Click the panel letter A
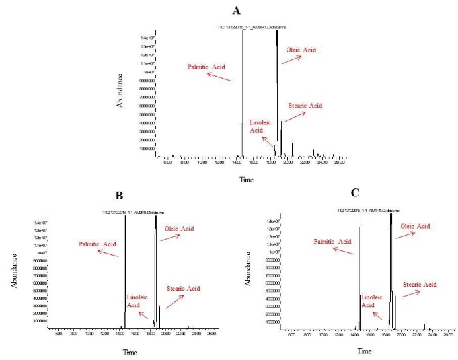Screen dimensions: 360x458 tap(236, 11)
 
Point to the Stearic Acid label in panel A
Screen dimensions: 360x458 tap(305, 106)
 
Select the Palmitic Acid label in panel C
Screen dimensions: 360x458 tap(332, 242)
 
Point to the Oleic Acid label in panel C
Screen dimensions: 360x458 tap(415, 226)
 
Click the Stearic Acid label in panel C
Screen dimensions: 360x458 tap(420, 284)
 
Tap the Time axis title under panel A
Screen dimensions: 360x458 tap(246, 179)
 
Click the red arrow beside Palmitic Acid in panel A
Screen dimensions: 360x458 tap(219, 77)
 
